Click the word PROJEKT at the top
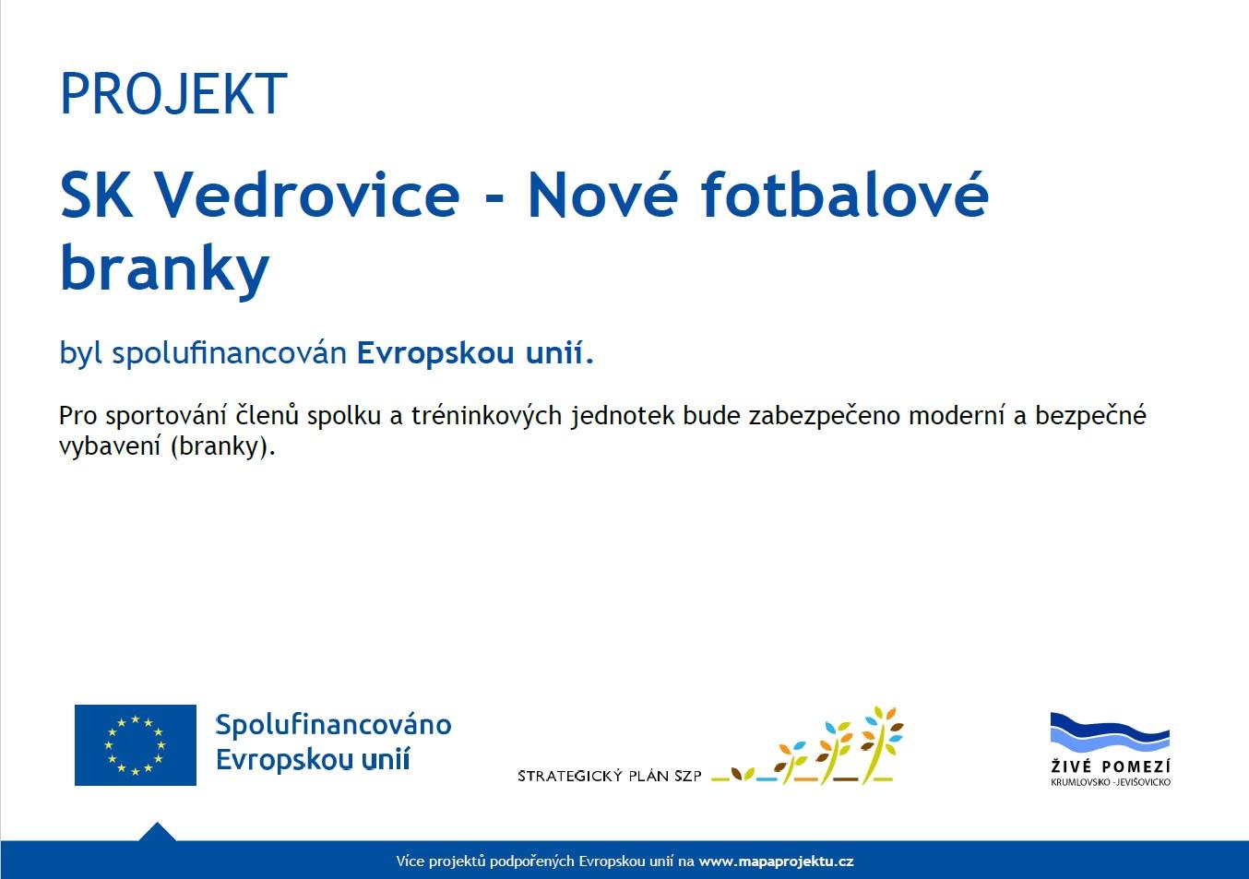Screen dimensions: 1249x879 tap(173, 94)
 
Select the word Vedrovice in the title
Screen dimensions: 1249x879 tap(306, 195)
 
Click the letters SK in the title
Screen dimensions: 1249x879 tap(97, 195)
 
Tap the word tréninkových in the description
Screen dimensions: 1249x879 tap(486, 416)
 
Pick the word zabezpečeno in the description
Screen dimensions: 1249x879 tap(824, 416)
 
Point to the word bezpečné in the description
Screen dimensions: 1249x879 tap(1090, 416)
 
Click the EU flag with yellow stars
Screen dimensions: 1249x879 tap(136, 745)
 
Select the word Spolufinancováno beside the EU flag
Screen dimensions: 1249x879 tap(333, 726)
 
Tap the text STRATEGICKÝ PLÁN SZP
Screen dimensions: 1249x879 tap(610, 776)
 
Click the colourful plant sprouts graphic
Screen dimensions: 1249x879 tap(807, 746)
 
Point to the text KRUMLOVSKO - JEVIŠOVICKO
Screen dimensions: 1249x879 tap(1110, 782)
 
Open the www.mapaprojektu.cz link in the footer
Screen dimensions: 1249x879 tap(776, 861)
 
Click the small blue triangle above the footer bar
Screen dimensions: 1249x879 tap(157, 833)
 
